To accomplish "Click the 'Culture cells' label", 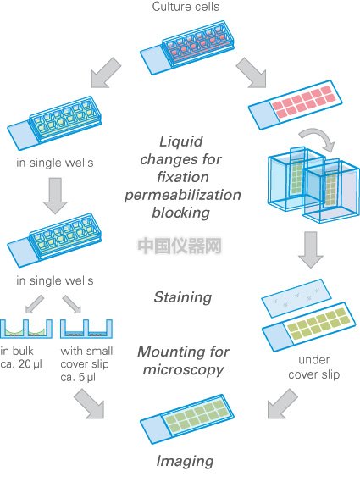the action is point(186,7).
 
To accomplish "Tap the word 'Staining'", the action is point(183,297).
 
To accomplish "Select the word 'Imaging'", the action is point(185,462).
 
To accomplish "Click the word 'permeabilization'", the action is point(183,195).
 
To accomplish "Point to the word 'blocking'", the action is point(181,213).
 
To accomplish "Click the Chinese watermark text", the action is point(180,246).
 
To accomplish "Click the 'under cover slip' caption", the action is point(313,367).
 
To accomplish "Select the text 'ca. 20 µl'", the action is point(21,364).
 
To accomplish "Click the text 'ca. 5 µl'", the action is point(78,377).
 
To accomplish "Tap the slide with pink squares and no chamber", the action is point(296,105).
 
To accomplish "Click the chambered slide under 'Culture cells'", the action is point(187,47).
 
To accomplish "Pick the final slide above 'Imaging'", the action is point(187,418).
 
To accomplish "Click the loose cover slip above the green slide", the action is point(296,298).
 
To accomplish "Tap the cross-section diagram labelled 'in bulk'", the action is point(26,329).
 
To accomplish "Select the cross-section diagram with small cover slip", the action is point(86,329).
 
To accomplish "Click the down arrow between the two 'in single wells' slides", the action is point(55,196).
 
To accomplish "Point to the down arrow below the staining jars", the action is point(311,250).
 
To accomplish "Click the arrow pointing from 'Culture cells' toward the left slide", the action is point(106,73).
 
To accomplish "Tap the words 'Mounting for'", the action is point(184,352).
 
